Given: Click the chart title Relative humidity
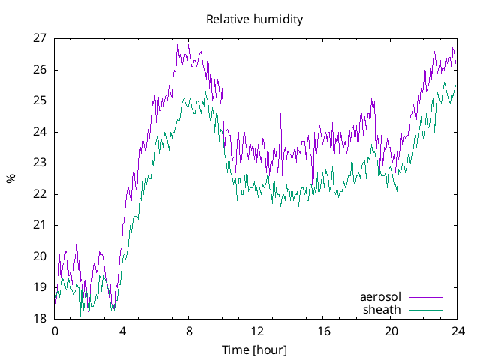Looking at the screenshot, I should coord(254,19).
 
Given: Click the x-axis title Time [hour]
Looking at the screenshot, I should coord(254,350).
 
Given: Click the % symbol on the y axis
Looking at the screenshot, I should coord(10,178).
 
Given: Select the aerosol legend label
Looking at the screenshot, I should coord(380,297).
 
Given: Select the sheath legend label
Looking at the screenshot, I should coord(382,309).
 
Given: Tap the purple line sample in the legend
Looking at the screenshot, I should coord(424,297).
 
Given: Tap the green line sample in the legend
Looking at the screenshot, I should coord(424,309).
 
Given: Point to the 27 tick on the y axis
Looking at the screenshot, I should coord(40,38).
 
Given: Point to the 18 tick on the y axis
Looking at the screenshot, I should coord(40,318).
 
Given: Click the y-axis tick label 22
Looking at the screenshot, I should coord(40,193).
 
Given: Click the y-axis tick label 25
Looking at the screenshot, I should coord(40,100).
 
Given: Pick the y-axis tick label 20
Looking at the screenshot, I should coord(40,256).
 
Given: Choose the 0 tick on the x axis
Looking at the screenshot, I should coord(55,331).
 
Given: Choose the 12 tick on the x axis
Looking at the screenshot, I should coord(256,331).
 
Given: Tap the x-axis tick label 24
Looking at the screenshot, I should coord(457,331).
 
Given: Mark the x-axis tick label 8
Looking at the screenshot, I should coord(189,331).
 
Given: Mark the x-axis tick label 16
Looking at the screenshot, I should coord(323,331).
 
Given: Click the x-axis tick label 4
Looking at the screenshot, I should coord(121,331).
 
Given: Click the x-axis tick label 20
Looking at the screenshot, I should coord(390,331).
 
